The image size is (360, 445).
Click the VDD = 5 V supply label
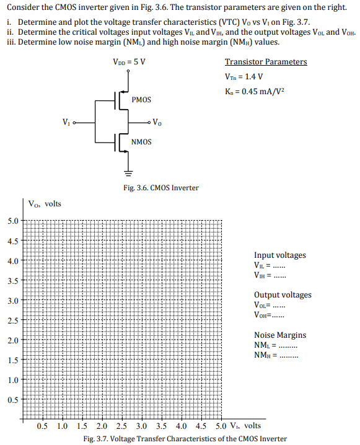(x=130, y=62)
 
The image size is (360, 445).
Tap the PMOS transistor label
(x=141, y=99)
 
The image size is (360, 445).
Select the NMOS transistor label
(x=141, y=142)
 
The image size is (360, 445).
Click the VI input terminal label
(x=67, y=121)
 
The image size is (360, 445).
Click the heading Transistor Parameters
(x=265, y=62)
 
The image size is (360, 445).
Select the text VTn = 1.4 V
(x=244, y=77)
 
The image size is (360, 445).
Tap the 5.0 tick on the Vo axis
(x=13, y=221)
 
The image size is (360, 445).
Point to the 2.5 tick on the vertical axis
(x=13, y=320)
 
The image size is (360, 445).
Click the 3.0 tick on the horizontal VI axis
(x=141, y=426)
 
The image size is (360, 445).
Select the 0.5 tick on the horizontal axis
(x=43, y=426)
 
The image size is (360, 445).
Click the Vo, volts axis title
(x=45, y=203)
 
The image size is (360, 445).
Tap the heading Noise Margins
(x=279, y=335)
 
